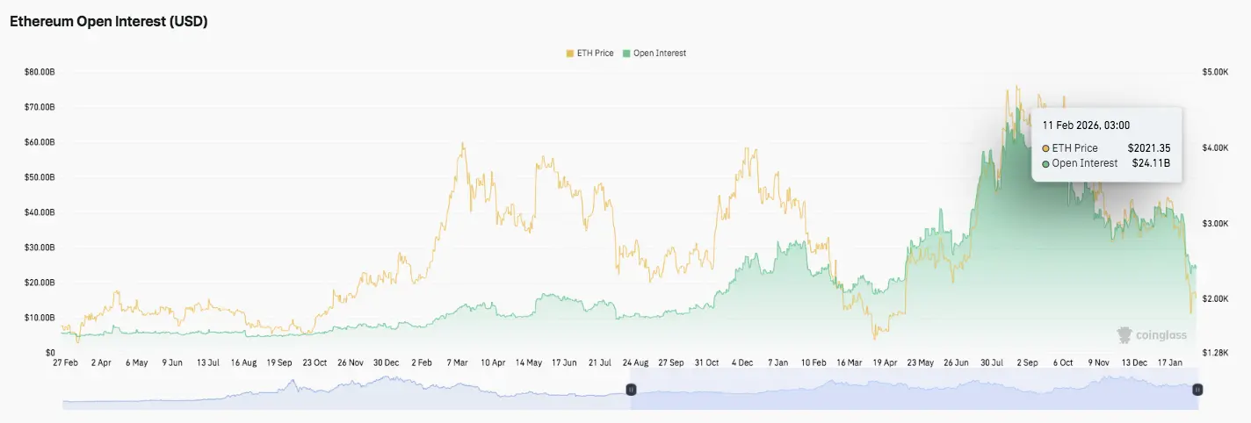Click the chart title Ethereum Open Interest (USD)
click(108, 23)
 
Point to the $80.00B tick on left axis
click(40, 72)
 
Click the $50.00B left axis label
click(40, 177)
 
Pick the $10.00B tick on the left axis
click(40, 318)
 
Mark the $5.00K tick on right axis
click(1214, 72)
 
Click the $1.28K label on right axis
click(1214, 353)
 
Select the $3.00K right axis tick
click(1214, 224)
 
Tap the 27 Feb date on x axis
click(66, 362)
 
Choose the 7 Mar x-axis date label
click(457, 362)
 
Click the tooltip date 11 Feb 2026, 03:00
click(1086, 125)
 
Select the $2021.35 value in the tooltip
click(1149, 148)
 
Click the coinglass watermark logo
click(1151, 334)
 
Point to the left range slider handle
click(630, 389)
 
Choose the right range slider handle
click(1197, 389)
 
